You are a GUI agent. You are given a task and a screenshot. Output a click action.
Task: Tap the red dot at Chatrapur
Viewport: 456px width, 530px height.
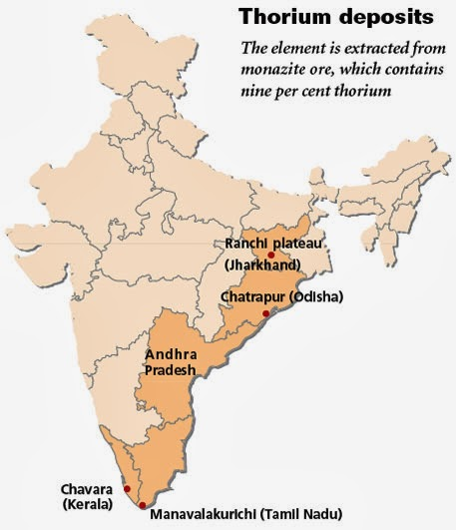pyautogui.click(x=264, y=313)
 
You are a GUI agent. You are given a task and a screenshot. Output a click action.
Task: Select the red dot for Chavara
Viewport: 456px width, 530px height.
pyautogui.click(x=127, y=489)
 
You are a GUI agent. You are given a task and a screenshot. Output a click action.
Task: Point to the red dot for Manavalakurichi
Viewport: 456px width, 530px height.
pyautogui.click(x=142, y=505)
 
